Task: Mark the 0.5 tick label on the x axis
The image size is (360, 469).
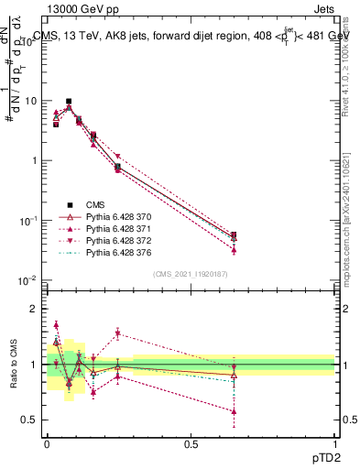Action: [191, 443]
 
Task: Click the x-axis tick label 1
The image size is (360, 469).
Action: [334, 443]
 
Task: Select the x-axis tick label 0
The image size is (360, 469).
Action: [47, 443]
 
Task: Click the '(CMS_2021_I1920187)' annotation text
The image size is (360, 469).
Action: [191, 273]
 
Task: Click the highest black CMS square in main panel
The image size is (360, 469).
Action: [69, 101]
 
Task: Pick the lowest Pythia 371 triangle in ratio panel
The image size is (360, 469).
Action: [234, 411]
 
